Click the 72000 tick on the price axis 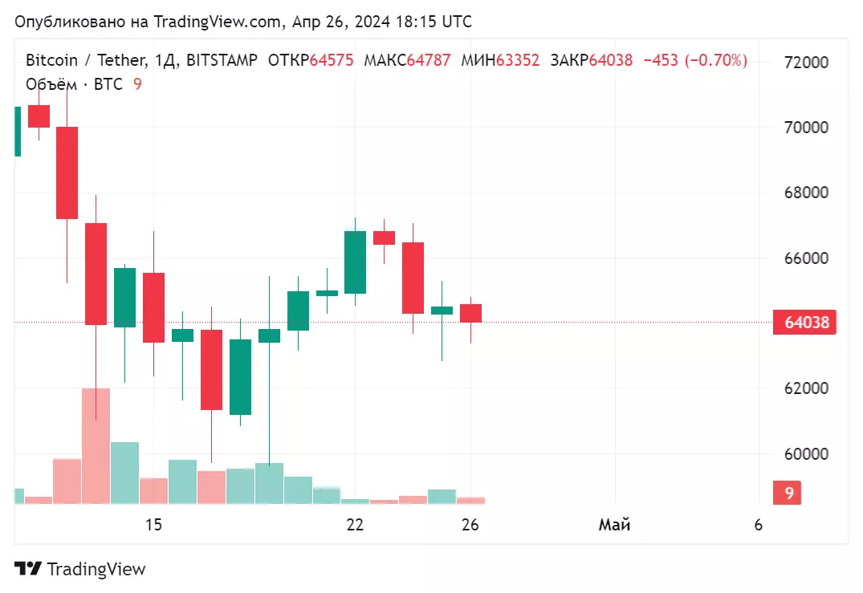[806, 63]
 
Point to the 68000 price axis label [806, 193]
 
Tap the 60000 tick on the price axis [806, 454]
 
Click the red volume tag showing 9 [789, 493]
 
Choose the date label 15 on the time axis [153, 526]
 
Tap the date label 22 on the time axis [355, 526]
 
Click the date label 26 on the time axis [470, 526]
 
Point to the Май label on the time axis [615, 526]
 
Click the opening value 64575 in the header [332, 60]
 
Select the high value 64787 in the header [429, 60]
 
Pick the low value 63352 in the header [518, 60]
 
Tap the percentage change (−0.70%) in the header [716, 60]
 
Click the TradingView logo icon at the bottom [28, 569]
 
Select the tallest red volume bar [96, 445]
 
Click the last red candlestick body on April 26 [470, 313]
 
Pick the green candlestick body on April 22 [355, 262]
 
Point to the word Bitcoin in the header [51, 60]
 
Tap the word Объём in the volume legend [50, 84]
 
